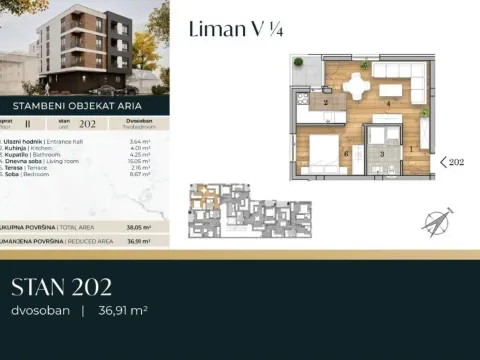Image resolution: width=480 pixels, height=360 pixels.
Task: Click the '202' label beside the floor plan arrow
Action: tap(457, 160)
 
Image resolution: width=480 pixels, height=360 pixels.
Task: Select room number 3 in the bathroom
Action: tap(381, 154)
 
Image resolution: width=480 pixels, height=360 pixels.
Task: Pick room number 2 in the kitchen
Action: tap(326, 103)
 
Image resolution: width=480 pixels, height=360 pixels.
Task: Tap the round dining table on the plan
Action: tap(357, 86)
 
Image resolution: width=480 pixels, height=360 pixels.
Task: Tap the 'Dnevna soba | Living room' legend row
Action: tap(49, 161)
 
